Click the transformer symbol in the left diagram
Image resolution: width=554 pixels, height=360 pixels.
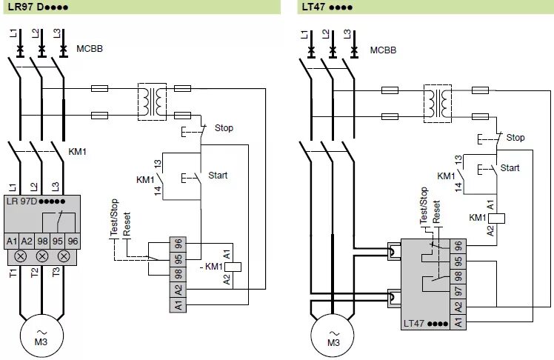click(x=153, y=101)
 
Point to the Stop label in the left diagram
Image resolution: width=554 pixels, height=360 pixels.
click(x=224, y=128)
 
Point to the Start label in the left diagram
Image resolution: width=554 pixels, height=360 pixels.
click(x=218, y=176)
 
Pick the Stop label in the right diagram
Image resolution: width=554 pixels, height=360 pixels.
click(x=515, y=138)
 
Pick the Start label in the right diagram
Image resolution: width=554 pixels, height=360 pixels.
click(x=510, y=168)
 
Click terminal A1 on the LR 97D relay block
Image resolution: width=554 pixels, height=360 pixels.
click(x=12, y=241)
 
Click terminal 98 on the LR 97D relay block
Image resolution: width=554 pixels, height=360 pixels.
click(x=42, y=241)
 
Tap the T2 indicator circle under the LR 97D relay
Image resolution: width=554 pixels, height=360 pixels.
click(x=42, y=256)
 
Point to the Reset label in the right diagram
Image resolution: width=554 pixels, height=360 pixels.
click(x=437, y=212)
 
